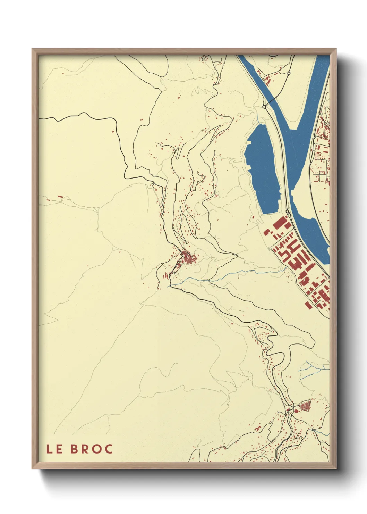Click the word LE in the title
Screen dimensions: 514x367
pyautogui.click(x=54, y=449)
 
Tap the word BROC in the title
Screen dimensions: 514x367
pyautogui.click(x=92, y=449)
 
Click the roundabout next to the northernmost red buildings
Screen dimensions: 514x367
pyautogui.click(x=289, y=73)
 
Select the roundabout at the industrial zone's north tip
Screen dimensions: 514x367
pyautogui.click(x=288, y=212)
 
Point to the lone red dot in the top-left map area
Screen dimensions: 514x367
pyautogui.click(x=63, y=74)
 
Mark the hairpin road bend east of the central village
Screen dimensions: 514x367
pyautogui.click(x=236, y=256)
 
